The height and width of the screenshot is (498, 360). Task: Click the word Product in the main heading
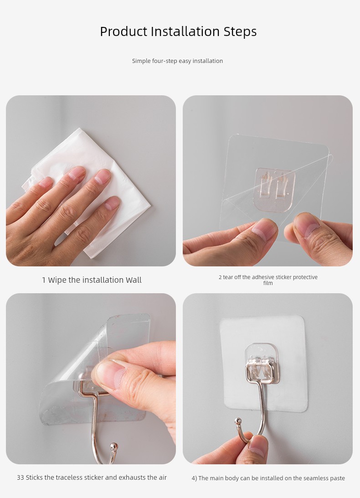124,32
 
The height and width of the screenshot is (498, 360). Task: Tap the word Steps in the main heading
240,32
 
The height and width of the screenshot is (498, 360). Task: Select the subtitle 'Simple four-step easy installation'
177,61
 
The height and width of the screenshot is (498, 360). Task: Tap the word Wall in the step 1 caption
134,280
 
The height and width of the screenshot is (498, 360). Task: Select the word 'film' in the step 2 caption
268,283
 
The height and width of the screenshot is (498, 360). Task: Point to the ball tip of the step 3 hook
113,447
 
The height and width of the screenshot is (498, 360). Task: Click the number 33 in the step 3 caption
21,477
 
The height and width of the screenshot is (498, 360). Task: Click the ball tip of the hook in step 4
238,422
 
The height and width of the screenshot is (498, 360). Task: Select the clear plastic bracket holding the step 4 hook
262,362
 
